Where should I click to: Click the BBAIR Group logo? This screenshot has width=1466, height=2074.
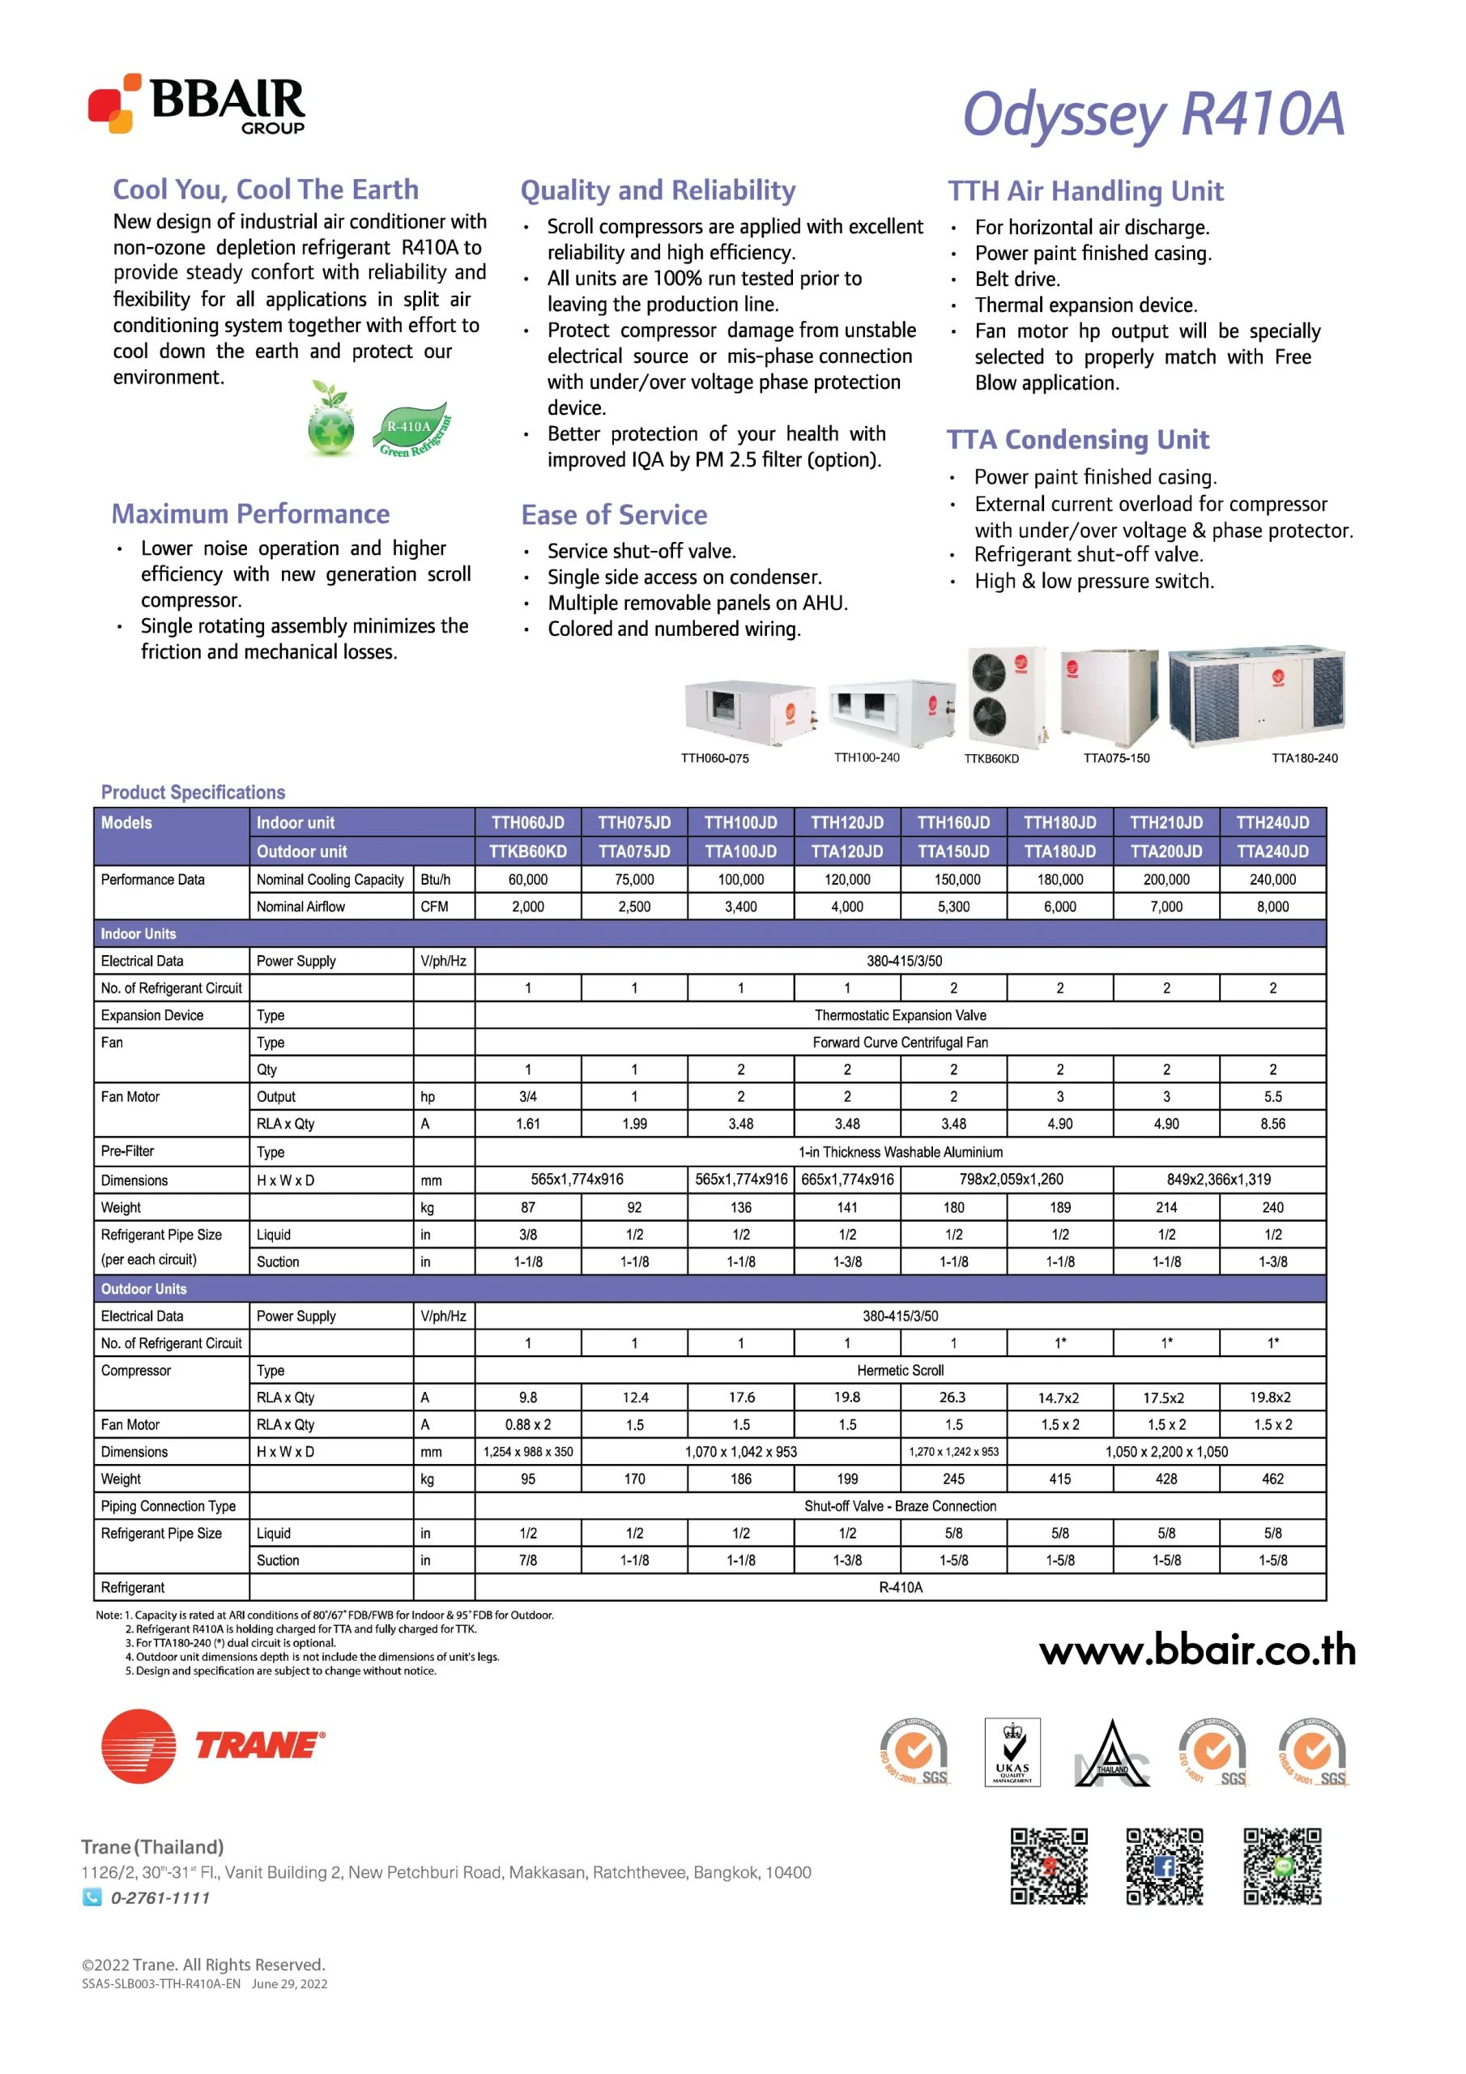[197, 104]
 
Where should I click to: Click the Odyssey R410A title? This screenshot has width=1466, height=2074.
[1153, 115]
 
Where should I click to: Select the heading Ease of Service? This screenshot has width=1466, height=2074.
[614, 515]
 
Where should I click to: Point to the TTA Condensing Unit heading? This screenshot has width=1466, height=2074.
[1076, 440]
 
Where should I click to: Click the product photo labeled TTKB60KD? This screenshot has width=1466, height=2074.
[1005, 697]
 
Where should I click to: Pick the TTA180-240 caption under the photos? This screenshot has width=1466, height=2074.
[1303, 757]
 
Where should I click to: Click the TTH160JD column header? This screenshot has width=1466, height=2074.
[953, 822]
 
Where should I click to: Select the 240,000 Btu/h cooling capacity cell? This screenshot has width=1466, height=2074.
[1272, 879]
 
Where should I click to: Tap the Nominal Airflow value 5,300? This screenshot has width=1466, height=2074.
[953, 906]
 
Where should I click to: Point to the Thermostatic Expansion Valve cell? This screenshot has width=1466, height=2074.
[900, 1014]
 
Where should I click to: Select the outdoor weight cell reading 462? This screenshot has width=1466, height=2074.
[1272, 1478]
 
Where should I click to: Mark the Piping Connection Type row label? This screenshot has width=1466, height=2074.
[169, 1505]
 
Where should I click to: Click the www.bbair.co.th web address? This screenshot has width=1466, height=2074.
[1197, 1649]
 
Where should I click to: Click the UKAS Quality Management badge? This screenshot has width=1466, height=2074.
[1012, 1752]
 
